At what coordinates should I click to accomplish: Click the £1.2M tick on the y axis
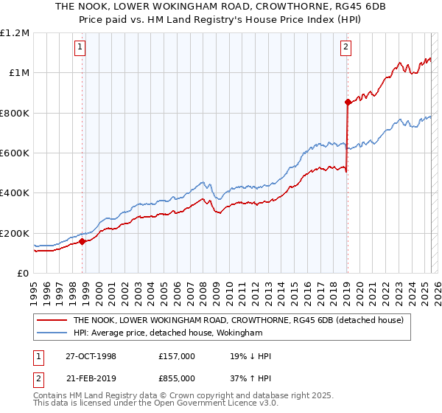tap(15, 33)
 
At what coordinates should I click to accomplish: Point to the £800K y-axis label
tap(15, 114)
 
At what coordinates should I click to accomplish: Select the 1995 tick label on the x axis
tap(35, 288)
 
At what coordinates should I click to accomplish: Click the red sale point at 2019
tap(347, 103)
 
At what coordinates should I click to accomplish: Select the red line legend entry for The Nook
tap(238, 321)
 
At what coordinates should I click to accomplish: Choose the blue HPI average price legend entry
tap(168, 333)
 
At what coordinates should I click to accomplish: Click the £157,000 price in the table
tap(177, 356)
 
